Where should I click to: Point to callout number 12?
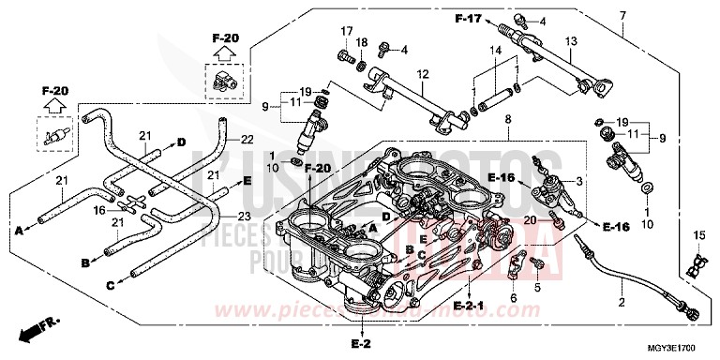(423, 74)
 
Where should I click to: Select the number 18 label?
(363, 43)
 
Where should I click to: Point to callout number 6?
(513, 299)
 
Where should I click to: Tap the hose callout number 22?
(247, 140)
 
